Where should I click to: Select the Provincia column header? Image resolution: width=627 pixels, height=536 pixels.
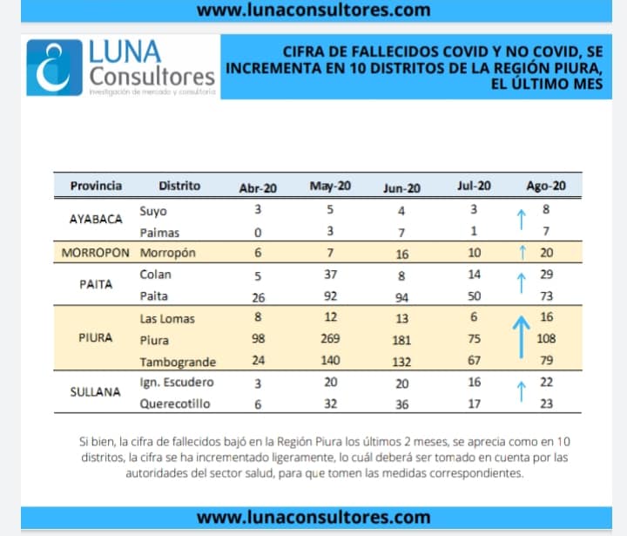pos(96,186)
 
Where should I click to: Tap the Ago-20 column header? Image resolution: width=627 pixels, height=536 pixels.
pos(546,186)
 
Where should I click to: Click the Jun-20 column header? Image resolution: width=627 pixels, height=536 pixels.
pos(401,187)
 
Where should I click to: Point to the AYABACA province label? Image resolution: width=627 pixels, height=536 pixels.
pos(96,220)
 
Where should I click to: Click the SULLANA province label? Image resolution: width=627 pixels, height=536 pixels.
pos(96,392)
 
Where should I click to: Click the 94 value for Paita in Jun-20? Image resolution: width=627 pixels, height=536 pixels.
pos(401,296)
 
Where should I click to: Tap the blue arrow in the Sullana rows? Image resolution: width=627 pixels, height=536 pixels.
pos(522,392)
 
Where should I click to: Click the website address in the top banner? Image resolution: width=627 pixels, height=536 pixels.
pos(313,10)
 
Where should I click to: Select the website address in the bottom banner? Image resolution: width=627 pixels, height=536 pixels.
pos(313,518)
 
